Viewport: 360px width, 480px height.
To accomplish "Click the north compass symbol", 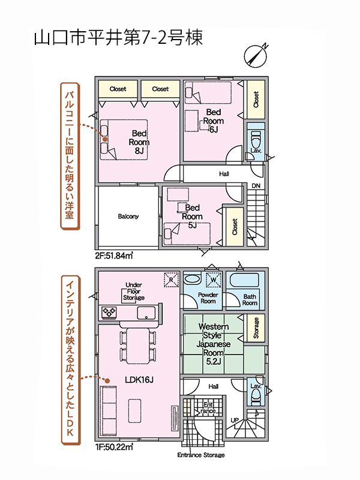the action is point(256,56).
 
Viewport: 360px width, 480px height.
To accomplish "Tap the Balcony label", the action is point(128,217).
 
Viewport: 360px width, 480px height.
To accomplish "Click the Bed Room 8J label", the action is point(139,142).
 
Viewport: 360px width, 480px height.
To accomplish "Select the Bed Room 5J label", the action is point(192,216).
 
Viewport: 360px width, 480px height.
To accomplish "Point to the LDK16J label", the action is point(139,380).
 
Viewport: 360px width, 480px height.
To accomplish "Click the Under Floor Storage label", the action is point(134,291).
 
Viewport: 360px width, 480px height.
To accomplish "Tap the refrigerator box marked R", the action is point(171,280).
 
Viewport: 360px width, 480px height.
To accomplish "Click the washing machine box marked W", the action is point(214,280).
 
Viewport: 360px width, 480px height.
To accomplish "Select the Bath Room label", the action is point(250,299).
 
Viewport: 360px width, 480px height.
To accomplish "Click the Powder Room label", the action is point(208,298).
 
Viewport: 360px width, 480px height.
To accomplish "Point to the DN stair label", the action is point(256,186).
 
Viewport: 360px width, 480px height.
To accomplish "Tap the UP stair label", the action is point(235,420).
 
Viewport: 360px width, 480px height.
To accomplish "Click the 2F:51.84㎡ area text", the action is point(114,256).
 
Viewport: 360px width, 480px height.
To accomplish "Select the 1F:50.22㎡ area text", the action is point(114,447).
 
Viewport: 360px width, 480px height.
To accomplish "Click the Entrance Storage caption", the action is point(201,455).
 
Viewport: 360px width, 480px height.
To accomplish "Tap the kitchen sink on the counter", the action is point(146,313).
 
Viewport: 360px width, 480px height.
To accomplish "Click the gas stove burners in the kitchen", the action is point(109,313).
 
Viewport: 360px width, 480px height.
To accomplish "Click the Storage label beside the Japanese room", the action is point(256,328).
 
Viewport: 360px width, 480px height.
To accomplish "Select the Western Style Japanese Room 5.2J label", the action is point(214,344).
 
